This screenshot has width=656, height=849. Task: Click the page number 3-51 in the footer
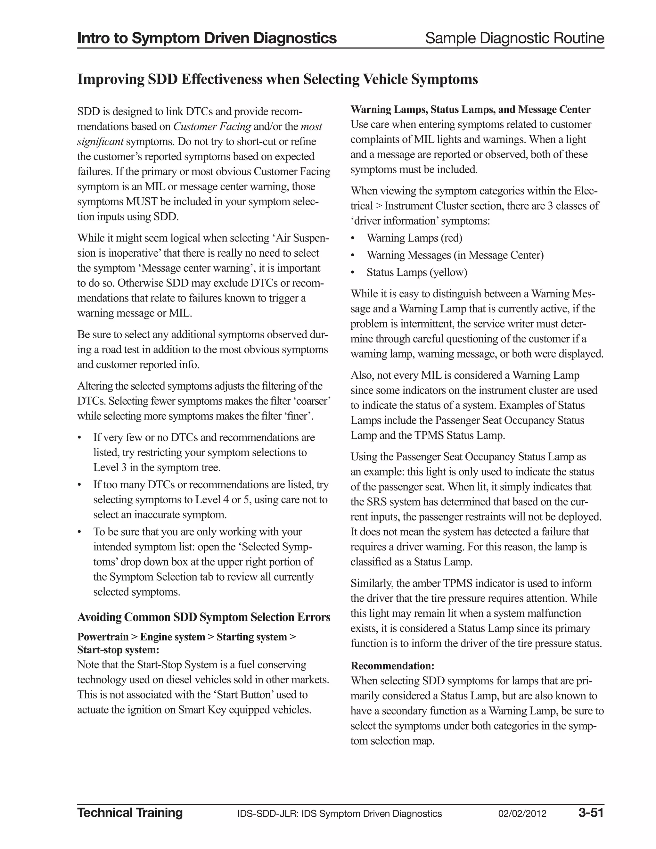click(x=590, y=812)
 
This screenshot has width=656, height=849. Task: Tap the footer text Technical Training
click(x=130, y=812)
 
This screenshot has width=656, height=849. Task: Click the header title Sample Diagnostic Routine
click(x=514, y=38)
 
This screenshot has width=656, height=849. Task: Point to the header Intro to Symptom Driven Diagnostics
click(x=207, y=38)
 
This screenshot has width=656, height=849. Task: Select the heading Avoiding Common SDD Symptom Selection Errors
click(x=204, y=617)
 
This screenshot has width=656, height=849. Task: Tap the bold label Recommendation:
click(x=392, y=666)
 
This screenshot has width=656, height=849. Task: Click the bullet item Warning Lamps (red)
click(x=414, y=238)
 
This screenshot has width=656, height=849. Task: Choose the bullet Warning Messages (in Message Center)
click(x=455, y=255)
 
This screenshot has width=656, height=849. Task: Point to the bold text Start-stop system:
click(x=119, y=650)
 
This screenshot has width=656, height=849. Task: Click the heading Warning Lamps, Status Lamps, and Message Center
click(x=470, y=110)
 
